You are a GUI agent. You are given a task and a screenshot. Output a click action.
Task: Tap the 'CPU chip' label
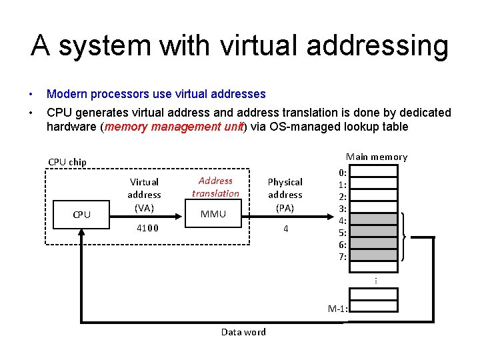click(x=67, y=162)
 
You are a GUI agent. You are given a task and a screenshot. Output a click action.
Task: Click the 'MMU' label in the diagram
click(x=213, y=214)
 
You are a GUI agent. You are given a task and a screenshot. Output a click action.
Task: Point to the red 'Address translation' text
click(x=215, y=187)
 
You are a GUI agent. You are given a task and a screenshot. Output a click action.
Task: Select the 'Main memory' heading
click(x=377, y=157)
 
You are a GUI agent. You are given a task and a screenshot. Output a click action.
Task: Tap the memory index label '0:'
click(x=342, y=172)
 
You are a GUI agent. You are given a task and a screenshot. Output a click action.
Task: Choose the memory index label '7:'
click(x=342, y=257)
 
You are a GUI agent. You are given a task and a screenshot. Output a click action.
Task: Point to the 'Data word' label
click(x=243, y=332)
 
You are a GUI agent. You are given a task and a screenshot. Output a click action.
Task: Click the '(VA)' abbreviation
click(x=145, y=208)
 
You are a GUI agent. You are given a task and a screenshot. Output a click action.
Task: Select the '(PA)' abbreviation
click(x=285, y=208)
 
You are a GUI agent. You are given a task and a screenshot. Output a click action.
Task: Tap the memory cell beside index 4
click(x=373, y=220)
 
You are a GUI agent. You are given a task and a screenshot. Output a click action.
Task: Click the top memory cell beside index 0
click(x=373, y=171)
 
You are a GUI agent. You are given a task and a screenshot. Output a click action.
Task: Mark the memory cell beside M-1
click(x=373, y=307)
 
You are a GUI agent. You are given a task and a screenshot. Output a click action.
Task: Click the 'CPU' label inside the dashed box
click(x=82, y=215)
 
